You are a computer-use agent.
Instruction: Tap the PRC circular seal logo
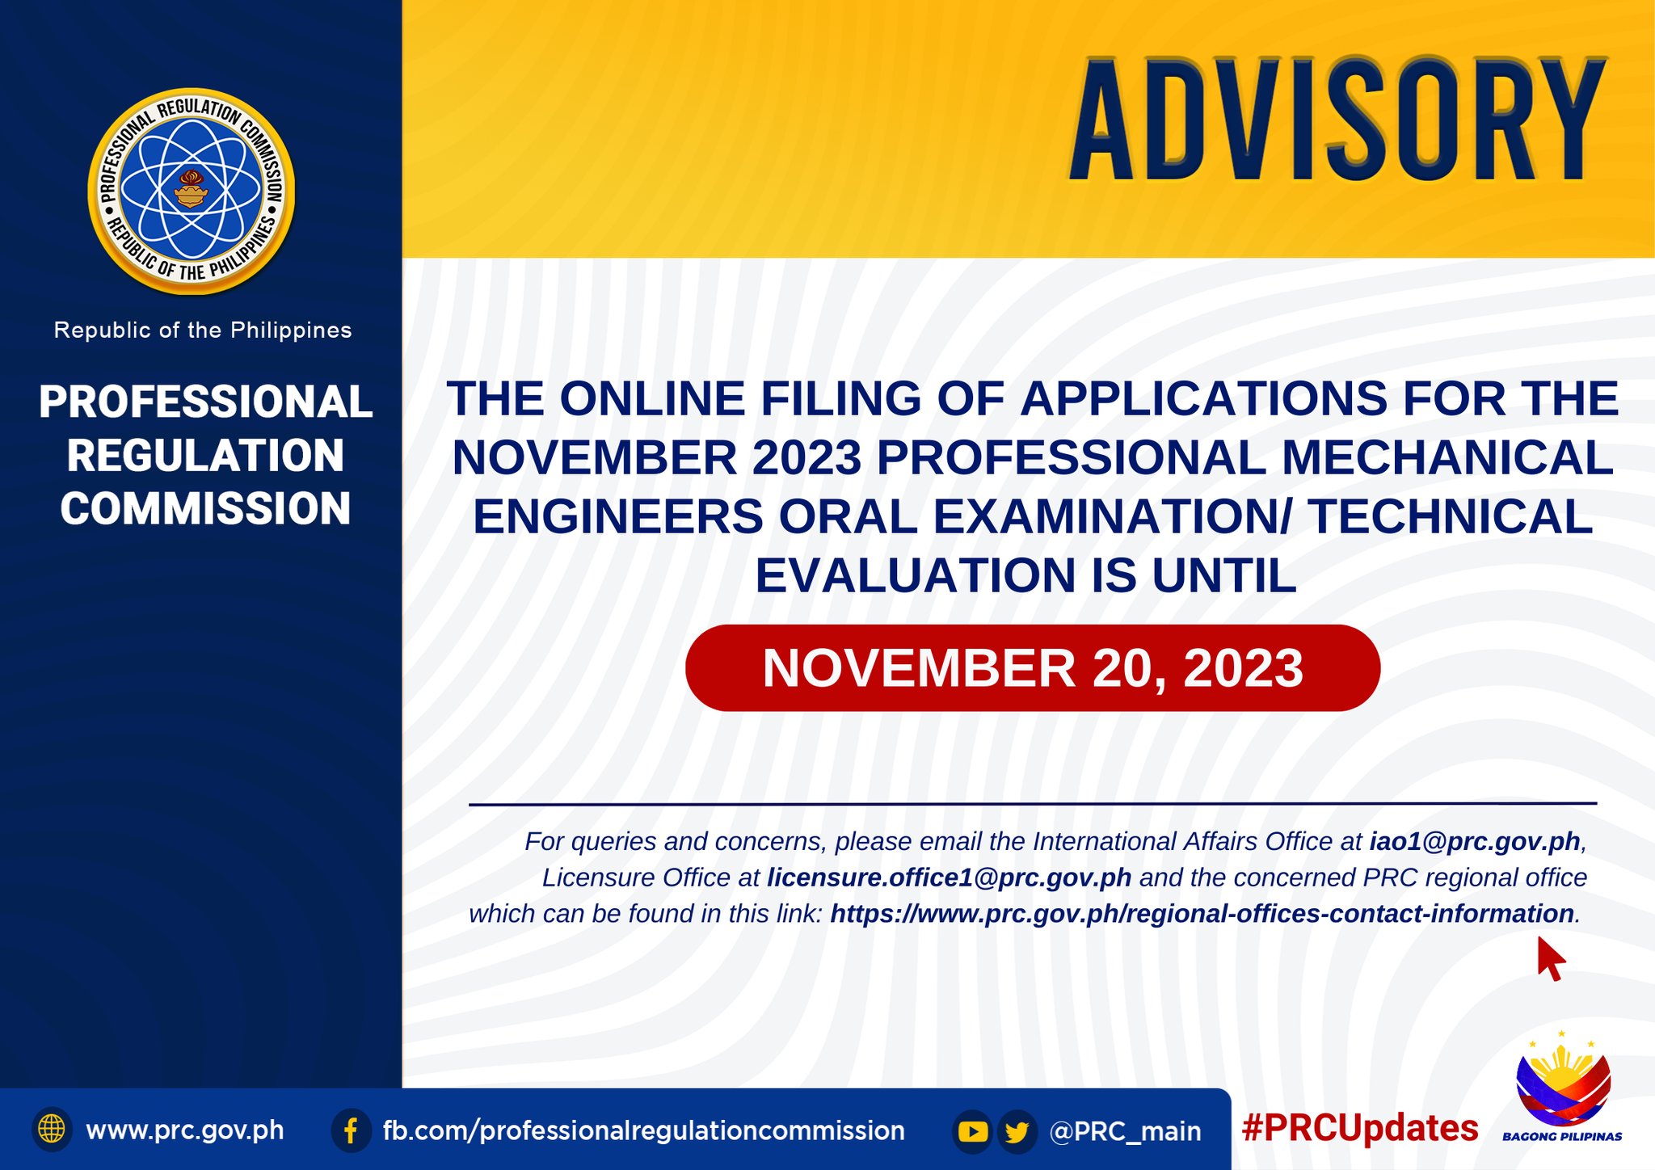tap(192, 191)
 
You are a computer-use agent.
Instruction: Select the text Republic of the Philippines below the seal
tap(203, 330)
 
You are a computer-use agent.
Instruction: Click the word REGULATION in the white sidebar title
tap(205, 456)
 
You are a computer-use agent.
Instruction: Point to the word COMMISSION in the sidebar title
tap(205, 509)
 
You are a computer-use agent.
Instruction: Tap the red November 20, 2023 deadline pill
tap(1032, 668)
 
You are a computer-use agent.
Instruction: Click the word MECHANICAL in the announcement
tap(1447, 458)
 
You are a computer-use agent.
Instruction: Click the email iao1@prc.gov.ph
tap(1474, 842)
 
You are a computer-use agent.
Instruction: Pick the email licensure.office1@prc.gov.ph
tap(949, 877)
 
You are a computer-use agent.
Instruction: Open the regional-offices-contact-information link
tap(1202, 914)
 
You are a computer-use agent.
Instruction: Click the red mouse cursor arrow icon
tap(1550, 959)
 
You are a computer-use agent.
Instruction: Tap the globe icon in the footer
tap(52, 1129)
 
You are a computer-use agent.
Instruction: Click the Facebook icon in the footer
tap(351, 1130)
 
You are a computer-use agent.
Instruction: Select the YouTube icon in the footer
tap(973, 1131)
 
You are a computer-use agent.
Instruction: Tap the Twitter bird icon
tap(1017, 1131)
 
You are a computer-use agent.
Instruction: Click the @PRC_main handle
tap(1125, 1131)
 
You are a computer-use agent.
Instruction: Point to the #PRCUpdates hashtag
tap(1360, 1128)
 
